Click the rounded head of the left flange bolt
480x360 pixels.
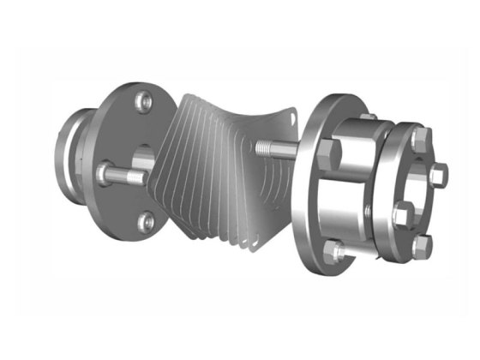tap(106, 173)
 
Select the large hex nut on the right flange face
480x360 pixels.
tap(328, 159)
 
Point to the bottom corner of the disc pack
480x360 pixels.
tap(249, 249)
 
